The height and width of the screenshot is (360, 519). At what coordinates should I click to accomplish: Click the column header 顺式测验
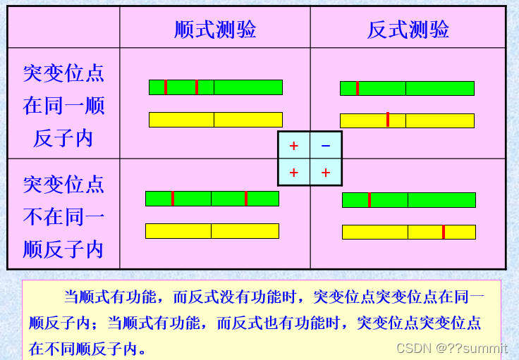coord(215,29)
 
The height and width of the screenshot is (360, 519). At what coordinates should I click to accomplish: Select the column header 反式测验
coord(408,29)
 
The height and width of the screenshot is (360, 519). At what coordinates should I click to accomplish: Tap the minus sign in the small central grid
coord(325,146)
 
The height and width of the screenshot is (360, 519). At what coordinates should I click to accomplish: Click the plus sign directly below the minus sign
coord(325,173)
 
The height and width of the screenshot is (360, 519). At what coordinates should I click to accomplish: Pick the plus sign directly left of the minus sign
coord(294,146)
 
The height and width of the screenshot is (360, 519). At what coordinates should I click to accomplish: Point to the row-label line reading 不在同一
coord(63,216)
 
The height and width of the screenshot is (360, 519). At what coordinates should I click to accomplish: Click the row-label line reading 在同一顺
coord(63,105)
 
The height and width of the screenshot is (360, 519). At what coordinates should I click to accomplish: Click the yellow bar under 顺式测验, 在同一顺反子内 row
coord(215,120)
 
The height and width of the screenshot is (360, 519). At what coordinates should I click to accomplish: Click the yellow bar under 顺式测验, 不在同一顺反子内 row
coord(212,230)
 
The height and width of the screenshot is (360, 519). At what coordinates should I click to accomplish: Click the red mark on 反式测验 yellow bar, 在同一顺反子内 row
coord(388,120)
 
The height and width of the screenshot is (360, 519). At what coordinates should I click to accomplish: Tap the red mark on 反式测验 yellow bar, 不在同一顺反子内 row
coord(444,232)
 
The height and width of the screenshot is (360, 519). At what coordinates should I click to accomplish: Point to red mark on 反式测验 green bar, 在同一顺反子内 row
coord(358,88)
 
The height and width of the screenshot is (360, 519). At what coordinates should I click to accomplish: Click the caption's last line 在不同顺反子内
coord(88,348)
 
